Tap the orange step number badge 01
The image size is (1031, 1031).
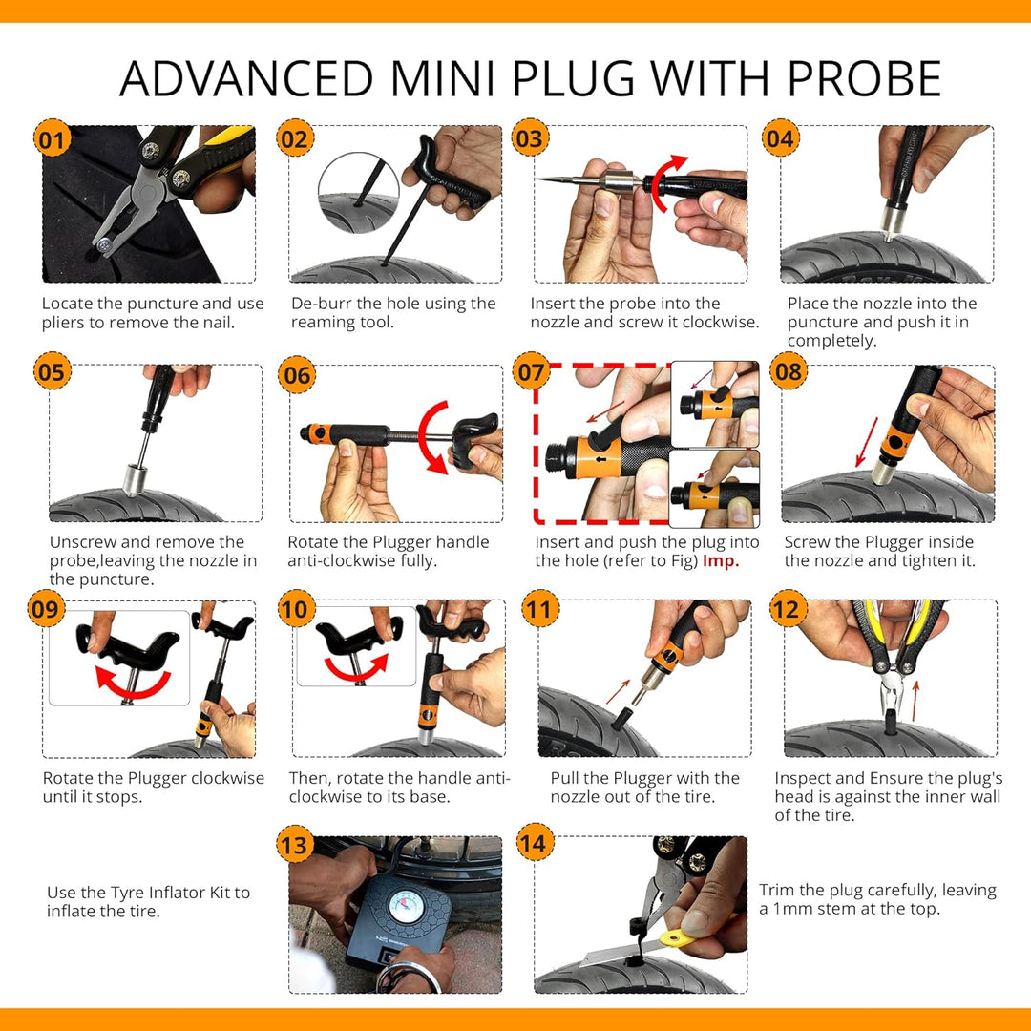pyautogui.click(x=52, y=138)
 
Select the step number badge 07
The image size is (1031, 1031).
pyautogui.click(x=531, y=371)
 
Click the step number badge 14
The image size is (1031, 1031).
pyautogui.click(x=535, y=842)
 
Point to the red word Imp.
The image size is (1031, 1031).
pyautogui.click(x=721, y=561)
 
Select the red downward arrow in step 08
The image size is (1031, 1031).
pyautogui.click(x=866, y=442)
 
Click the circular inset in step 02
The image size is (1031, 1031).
pyautogui.click(x=359, y=193)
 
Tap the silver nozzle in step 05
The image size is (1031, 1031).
pyautogui.click(x=135, y=479)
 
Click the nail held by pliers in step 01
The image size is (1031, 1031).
pyautogui.click(x=105, y=245)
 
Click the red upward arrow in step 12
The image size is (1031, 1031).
pyautogui.click(x=915, y=702)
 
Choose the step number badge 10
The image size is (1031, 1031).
pyautogui.click(x=296, y=608)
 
